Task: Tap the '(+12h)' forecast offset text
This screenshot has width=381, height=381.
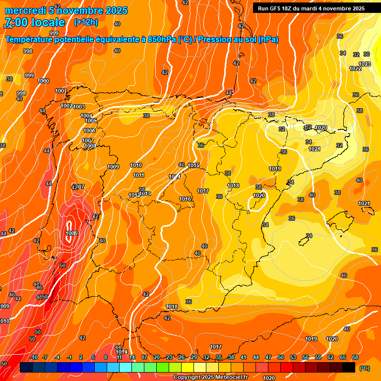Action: click(x=86, y=22)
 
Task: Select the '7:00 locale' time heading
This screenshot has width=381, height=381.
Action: click(x=34, y=22)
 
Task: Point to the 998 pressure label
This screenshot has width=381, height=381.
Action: click(x=28, y=51)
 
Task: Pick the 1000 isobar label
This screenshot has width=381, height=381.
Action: click(x=43, y=81)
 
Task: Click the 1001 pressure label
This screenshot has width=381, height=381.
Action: click(x=61, y=91)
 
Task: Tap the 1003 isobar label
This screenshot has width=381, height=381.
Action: click(x=79, y=107)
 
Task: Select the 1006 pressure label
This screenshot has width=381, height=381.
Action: click(x=89, y=130)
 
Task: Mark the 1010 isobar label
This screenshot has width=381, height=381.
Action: click(x=136, y=165)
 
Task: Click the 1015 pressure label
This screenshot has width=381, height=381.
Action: click(x=193, y=165)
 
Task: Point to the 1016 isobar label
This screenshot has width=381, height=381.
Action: click(x=185, y=199)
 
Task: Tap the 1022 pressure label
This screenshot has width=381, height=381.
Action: click(x=355, y=68)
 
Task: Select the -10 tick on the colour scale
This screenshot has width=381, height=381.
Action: click(x=34, y=357)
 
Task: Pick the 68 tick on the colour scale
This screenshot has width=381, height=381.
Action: click(x=355, y=357)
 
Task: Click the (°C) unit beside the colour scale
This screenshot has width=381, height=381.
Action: click(x=364, y=368)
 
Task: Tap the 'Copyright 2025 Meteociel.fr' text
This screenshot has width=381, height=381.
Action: click(x=210, y=377)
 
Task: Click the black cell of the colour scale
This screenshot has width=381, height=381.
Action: click(x=349, y=367)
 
